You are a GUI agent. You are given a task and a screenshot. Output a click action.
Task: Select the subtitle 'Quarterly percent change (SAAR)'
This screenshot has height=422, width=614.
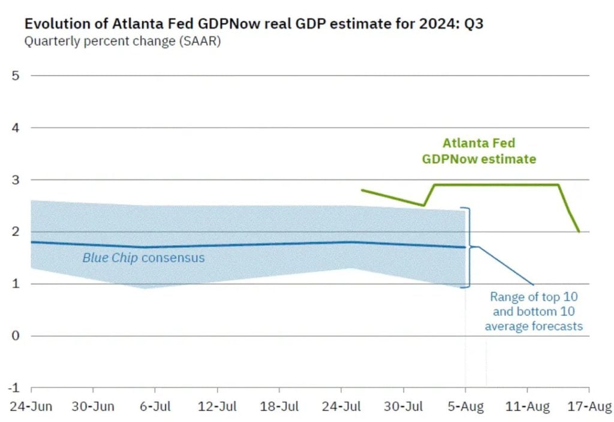[122, 42]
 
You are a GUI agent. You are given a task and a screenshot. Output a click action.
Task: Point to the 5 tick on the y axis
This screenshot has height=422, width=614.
[16, 76]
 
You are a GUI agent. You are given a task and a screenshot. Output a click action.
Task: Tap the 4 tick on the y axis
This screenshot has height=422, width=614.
[16, 128]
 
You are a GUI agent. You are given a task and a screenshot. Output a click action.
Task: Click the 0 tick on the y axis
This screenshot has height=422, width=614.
[16, 336]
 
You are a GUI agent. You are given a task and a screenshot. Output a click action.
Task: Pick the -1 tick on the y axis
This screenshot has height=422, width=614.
[13, 387]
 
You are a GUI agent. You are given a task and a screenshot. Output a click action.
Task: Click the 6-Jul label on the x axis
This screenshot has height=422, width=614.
[154, 406]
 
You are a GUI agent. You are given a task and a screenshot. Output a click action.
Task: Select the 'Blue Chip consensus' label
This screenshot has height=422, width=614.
[143, 258]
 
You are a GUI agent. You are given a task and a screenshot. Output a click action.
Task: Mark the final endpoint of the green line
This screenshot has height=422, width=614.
[579, 231]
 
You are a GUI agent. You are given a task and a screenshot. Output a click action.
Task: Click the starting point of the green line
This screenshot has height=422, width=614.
[362, 190]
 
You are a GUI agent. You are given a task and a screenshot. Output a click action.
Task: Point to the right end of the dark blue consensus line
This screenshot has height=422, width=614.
[465, 247]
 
